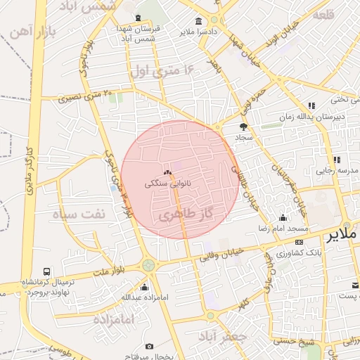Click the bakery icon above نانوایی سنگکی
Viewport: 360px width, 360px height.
point(167,172)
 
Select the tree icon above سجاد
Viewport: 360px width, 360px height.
point(243,127)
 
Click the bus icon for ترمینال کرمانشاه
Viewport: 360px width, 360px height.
point(46,271)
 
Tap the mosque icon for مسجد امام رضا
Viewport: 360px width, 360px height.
point(283,218)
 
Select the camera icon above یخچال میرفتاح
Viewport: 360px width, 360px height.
point(149,346)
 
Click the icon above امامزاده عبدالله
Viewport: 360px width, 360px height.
point(145,287)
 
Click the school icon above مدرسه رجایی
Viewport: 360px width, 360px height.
point(336,160)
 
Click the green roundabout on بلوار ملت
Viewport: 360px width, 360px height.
point(148,265)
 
